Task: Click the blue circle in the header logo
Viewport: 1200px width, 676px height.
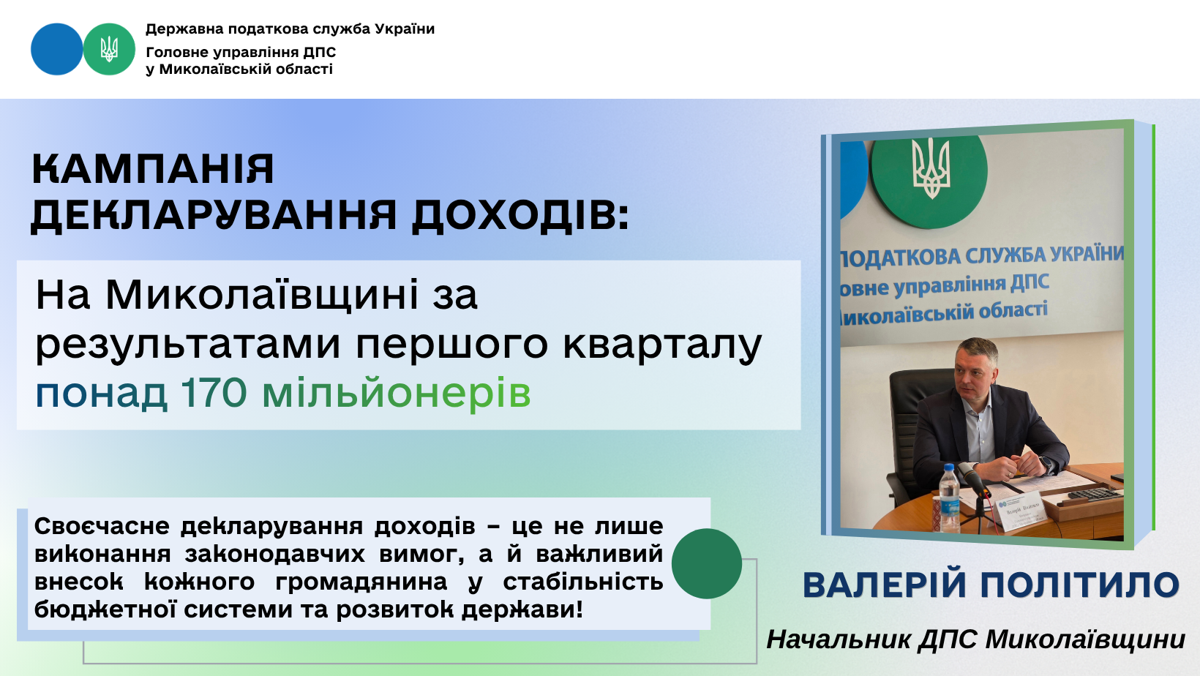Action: coord(57,49)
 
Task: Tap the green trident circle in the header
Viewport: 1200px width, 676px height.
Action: coord(109,49)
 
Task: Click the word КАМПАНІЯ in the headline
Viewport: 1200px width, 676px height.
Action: coord(153,169)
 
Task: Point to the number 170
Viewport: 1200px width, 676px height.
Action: coord(214,393)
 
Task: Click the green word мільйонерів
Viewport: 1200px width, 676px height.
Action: coord(397,393)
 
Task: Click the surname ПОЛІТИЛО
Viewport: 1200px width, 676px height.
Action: coord(1080,585)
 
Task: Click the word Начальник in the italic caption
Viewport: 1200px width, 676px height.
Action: coord(839,639)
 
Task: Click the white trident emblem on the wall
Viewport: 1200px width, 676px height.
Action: coord(931,168)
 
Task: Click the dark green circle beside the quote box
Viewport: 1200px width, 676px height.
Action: coord(707,563)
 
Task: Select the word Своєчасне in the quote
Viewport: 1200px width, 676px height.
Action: coord(102,527)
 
